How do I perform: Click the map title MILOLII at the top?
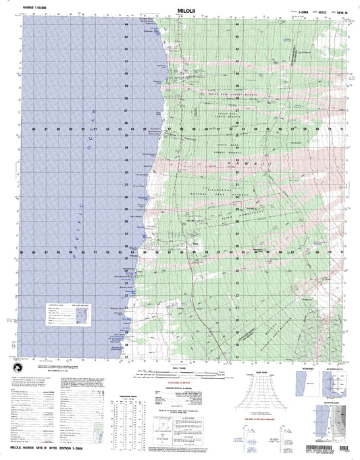[180, 11]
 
